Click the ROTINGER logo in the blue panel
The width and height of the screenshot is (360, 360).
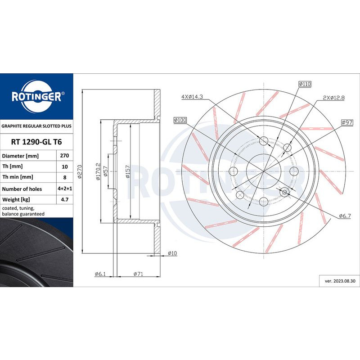click(x=37, y=96)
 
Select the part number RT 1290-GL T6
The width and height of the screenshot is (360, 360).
click(x=36, y=142)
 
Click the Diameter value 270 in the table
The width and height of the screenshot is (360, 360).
click(x=64, y=156)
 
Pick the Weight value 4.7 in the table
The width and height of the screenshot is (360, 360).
click(x=65, y=199)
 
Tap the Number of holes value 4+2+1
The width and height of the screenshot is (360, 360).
click(x=65, y=189)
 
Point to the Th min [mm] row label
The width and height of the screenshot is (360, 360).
click(x=18, y=177)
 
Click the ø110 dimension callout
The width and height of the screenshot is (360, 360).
click(x=305, y=84)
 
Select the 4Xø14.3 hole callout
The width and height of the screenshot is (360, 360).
click(x=192, y=97)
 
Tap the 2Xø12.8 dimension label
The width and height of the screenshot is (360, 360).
click(x=334, y=98)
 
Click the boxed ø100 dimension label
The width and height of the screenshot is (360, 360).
click(x=180, y=120)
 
